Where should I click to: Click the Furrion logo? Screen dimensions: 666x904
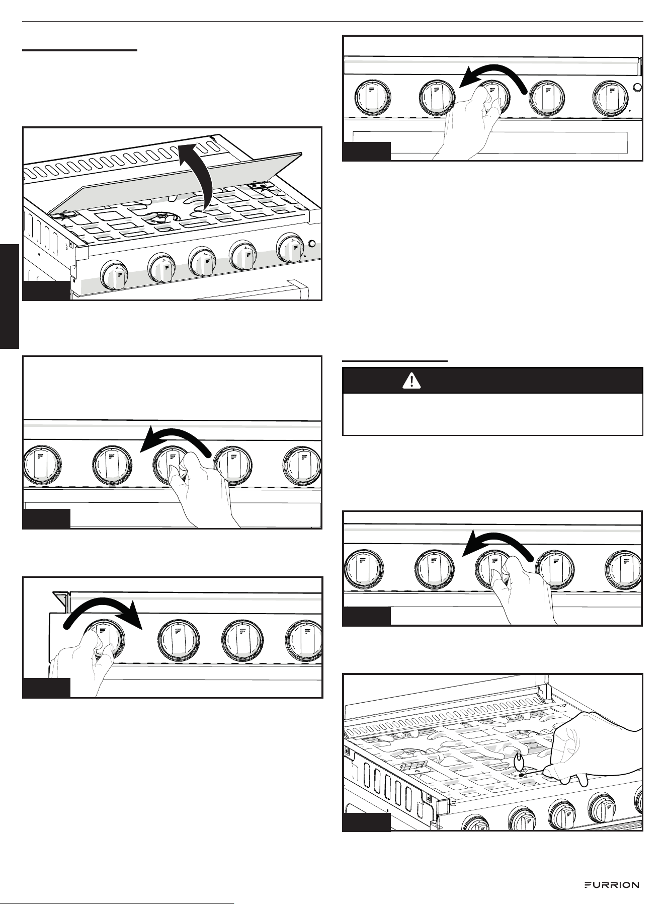click(611, 885)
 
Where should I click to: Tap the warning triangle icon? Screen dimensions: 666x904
click(412, 381)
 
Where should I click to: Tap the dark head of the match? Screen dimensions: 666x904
click(521, 775)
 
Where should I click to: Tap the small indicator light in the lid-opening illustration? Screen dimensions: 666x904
click(312, 244)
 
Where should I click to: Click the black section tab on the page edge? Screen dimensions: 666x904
click(9, 296)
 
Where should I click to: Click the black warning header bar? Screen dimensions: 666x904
click(492, 381)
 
